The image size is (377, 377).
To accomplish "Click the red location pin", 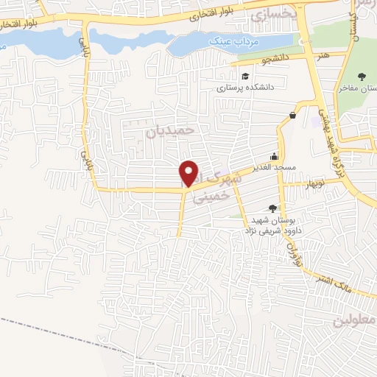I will pos(189,172).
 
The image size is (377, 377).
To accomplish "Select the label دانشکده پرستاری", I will pos(244,87).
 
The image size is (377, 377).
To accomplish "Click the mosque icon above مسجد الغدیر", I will pos(275,156).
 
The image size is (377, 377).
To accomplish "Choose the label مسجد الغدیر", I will pos(275,168).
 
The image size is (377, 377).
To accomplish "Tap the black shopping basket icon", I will pos(292,115).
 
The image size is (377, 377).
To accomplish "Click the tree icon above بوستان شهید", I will pos(272,209).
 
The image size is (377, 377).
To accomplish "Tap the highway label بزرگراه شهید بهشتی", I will pos(331,140).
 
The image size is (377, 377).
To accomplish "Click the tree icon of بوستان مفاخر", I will pos(362,77).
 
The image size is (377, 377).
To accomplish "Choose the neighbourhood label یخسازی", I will pos(272,14).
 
